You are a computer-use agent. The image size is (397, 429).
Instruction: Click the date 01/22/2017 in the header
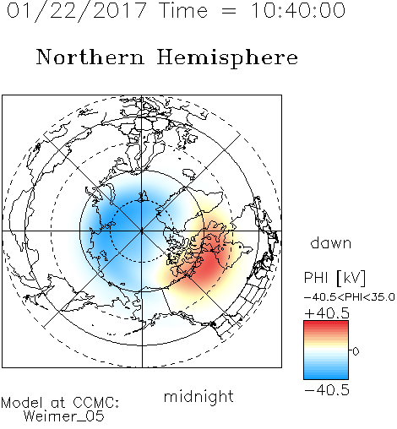point(77,11)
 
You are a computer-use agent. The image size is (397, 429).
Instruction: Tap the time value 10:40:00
point(298,11)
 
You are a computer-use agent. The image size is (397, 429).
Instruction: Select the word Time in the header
point(183,11)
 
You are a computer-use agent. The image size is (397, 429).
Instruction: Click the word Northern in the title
point(90,57)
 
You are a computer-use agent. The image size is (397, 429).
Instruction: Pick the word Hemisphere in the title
point(227,58)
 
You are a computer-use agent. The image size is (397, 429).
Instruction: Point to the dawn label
point(331,242)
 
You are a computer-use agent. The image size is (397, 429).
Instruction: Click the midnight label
point(198,396)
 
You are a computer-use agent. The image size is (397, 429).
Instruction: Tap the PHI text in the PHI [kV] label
point(316,278)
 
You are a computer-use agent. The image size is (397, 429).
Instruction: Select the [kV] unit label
point(351,279)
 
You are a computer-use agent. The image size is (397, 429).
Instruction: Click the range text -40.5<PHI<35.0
point(350,297)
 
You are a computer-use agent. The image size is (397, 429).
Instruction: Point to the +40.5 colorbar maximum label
point(327,313)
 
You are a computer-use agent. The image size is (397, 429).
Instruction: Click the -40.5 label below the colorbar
point(327,390)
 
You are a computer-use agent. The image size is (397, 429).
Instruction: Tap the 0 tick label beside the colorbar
point(356,351)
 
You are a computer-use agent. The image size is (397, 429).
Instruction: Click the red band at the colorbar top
point(326,325)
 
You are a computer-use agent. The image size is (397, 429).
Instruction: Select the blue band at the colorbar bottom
point(326,375)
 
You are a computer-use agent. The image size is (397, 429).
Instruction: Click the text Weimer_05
point(64,416)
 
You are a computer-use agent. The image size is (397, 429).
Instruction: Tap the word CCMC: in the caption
point(96,403)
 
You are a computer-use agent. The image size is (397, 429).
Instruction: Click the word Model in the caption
point(23,403)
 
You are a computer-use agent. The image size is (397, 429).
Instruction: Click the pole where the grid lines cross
point(142,231)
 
